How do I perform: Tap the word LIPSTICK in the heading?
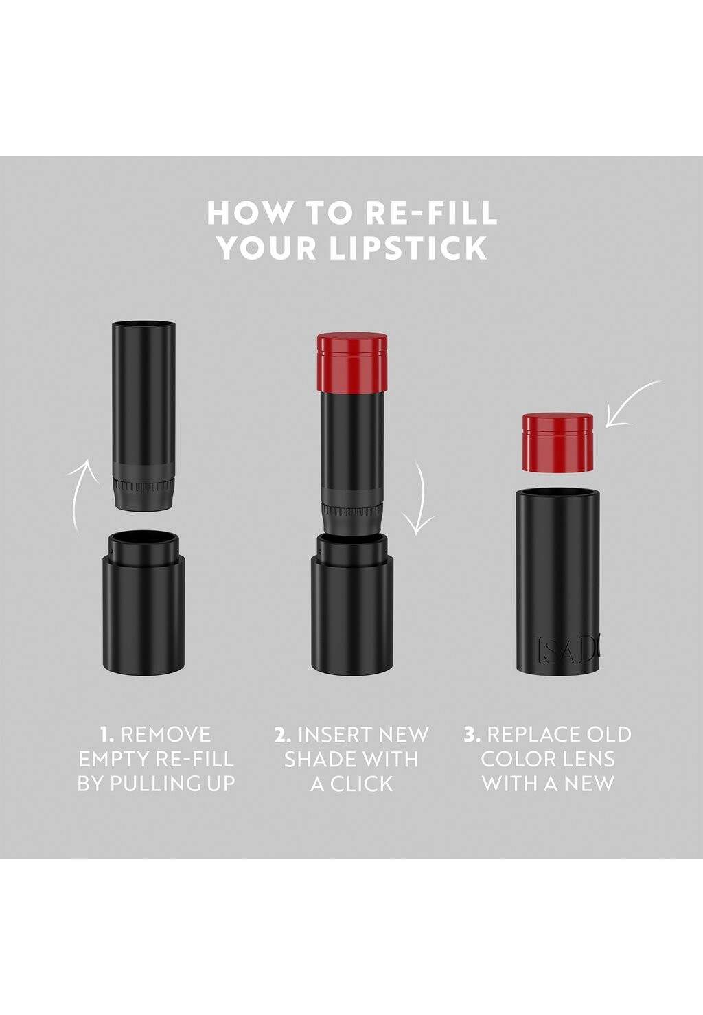408,248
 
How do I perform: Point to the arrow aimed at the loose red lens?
633,406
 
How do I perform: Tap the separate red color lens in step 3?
557,442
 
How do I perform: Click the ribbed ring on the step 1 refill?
143,488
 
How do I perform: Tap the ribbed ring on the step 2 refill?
351,511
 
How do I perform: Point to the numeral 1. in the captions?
106,735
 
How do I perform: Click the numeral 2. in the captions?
282,735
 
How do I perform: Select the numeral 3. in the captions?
472,735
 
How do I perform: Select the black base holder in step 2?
351,611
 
